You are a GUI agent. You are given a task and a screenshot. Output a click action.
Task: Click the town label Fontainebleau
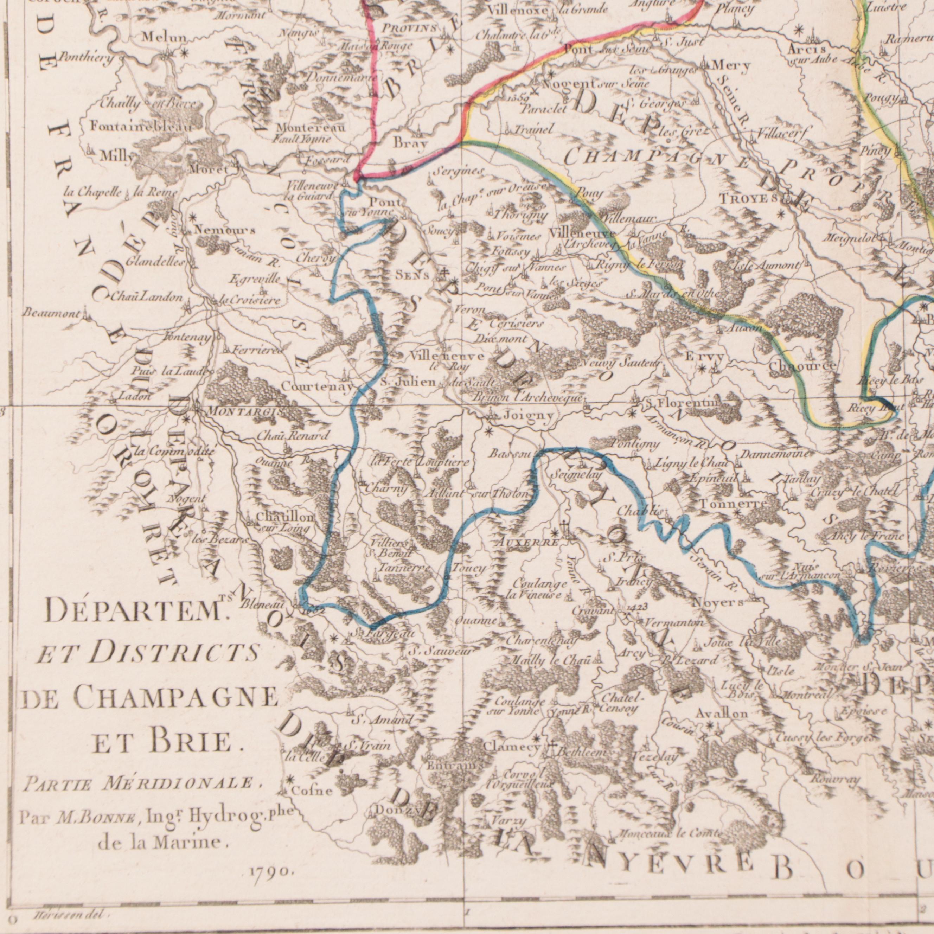(140, 127)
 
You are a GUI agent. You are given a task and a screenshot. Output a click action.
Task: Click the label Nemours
(225, 231)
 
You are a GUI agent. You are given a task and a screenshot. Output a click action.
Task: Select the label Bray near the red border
(410, 143)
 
